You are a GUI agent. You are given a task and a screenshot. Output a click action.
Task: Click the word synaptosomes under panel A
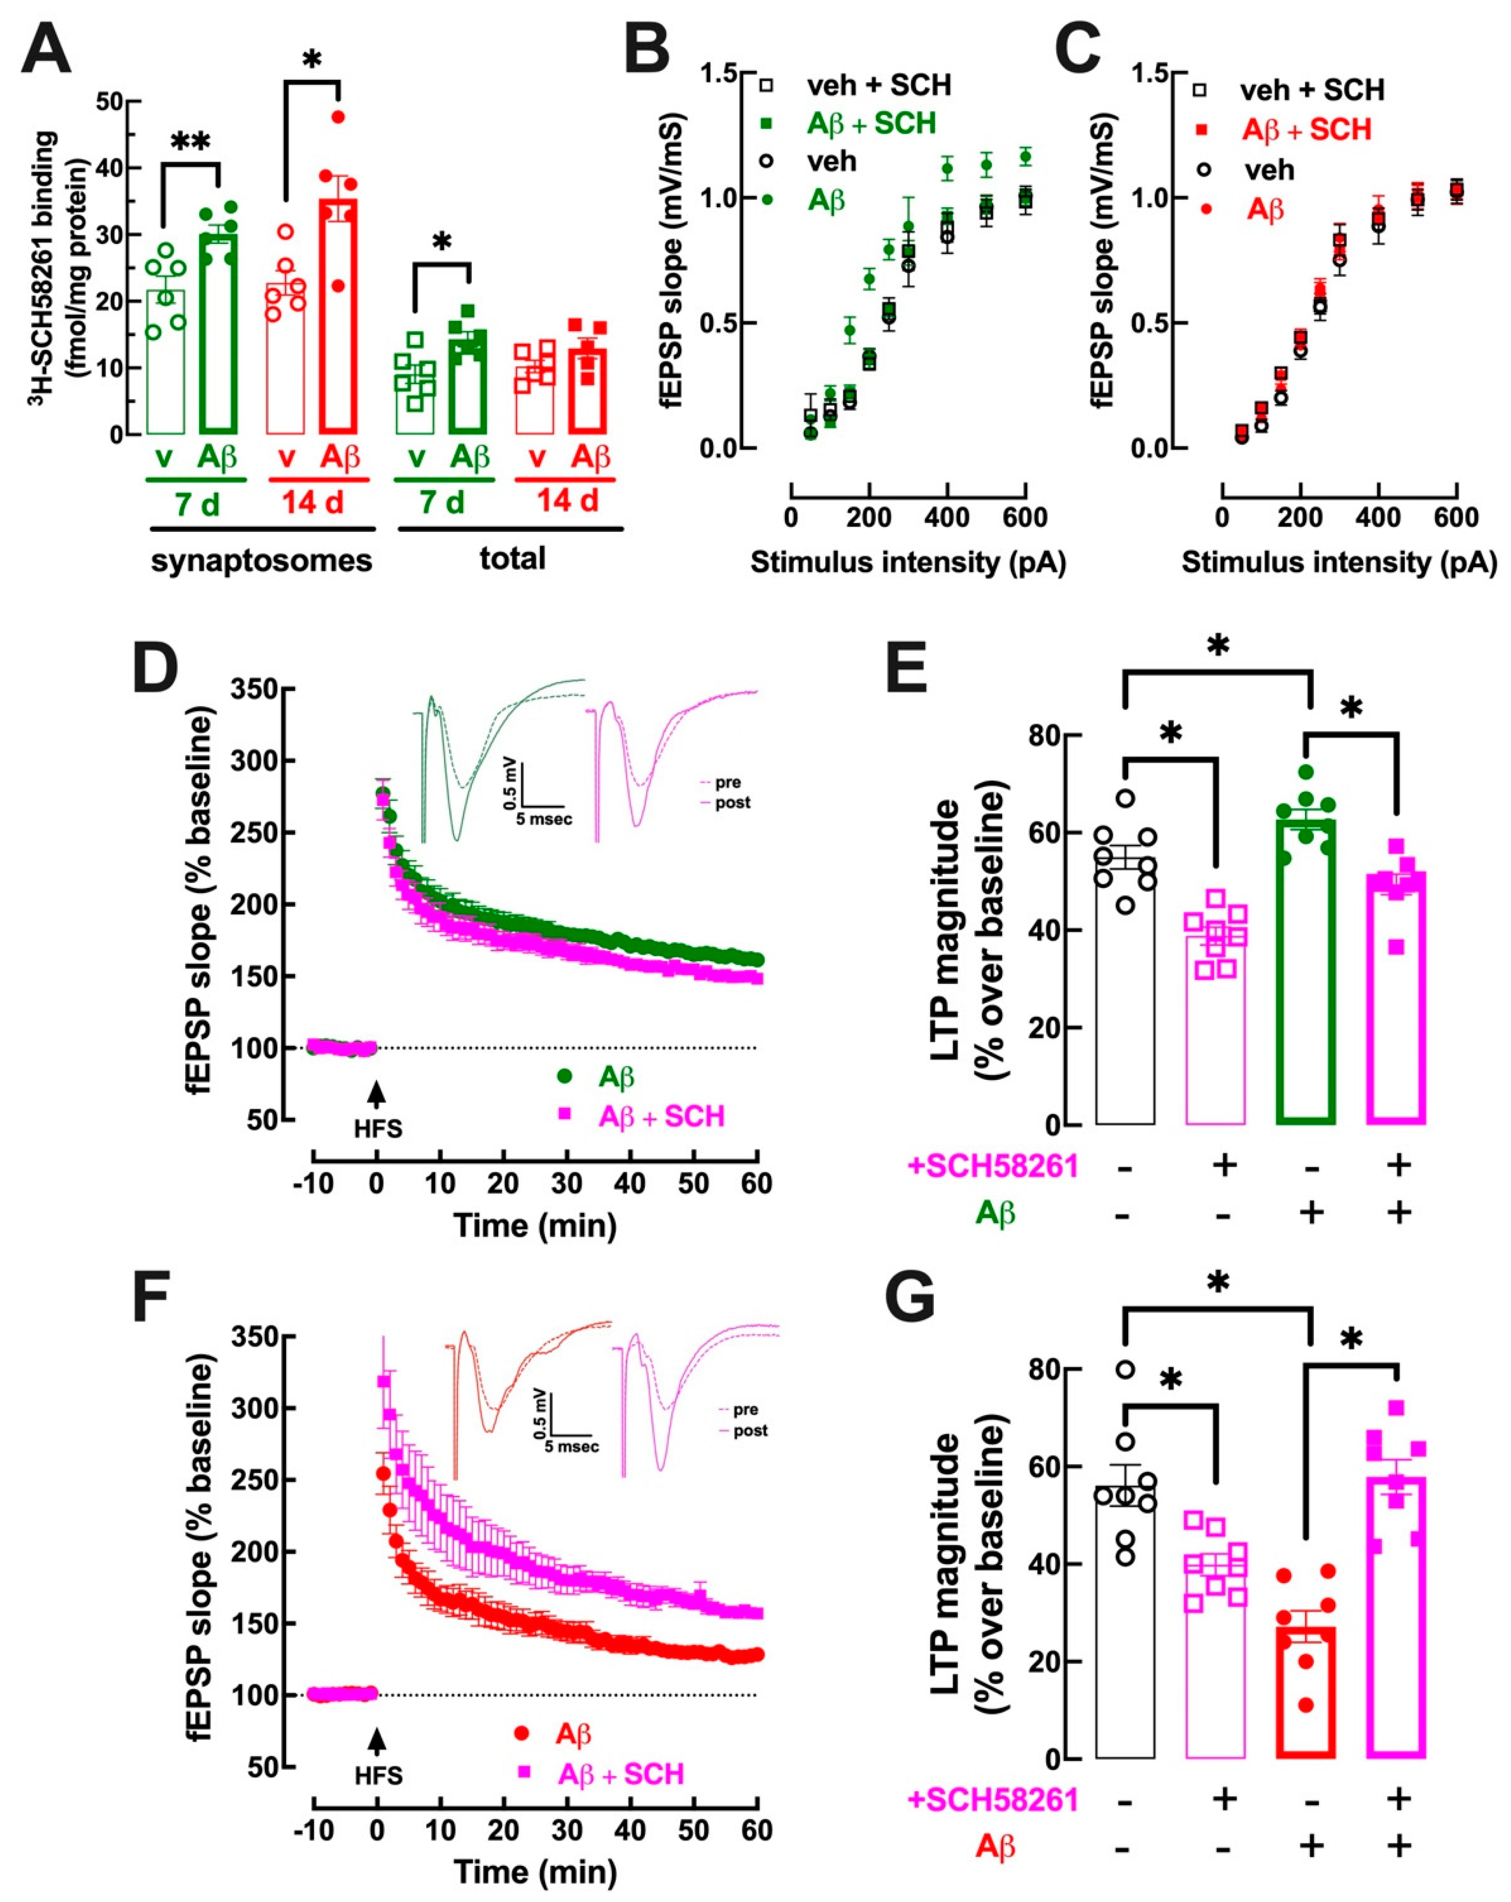261,560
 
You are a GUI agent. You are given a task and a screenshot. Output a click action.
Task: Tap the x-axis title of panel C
1339,563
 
